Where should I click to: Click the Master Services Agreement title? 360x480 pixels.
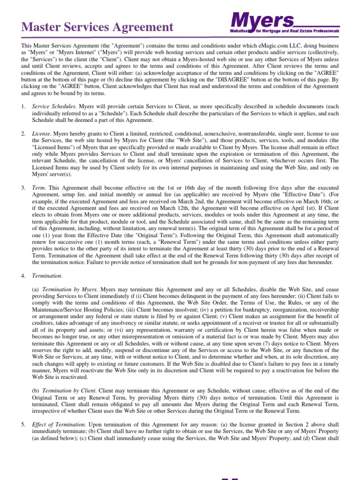pos(97,27)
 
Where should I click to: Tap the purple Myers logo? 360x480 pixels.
pos(262,21)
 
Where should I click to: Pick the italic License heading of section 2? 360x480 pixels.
pos(42,134)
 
